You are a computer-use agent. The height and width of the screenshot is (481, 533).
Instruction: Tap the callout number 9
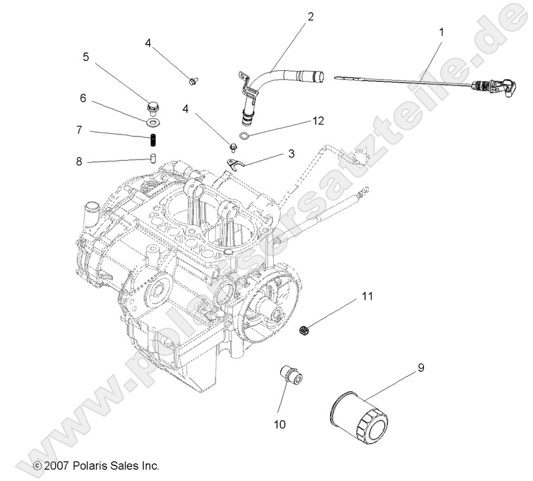point(421,367)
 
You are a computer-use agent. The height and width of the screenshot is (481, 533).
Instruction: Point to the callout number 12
point(318,121)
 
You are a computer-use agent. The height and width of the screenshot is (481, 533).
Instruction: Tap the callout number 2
point(310,16)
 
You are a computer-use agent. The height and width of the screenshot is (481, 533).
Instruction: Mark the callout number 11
point(366,297)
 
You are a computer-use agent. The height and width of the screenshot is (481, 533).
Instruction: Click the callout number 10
point(280,425)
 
